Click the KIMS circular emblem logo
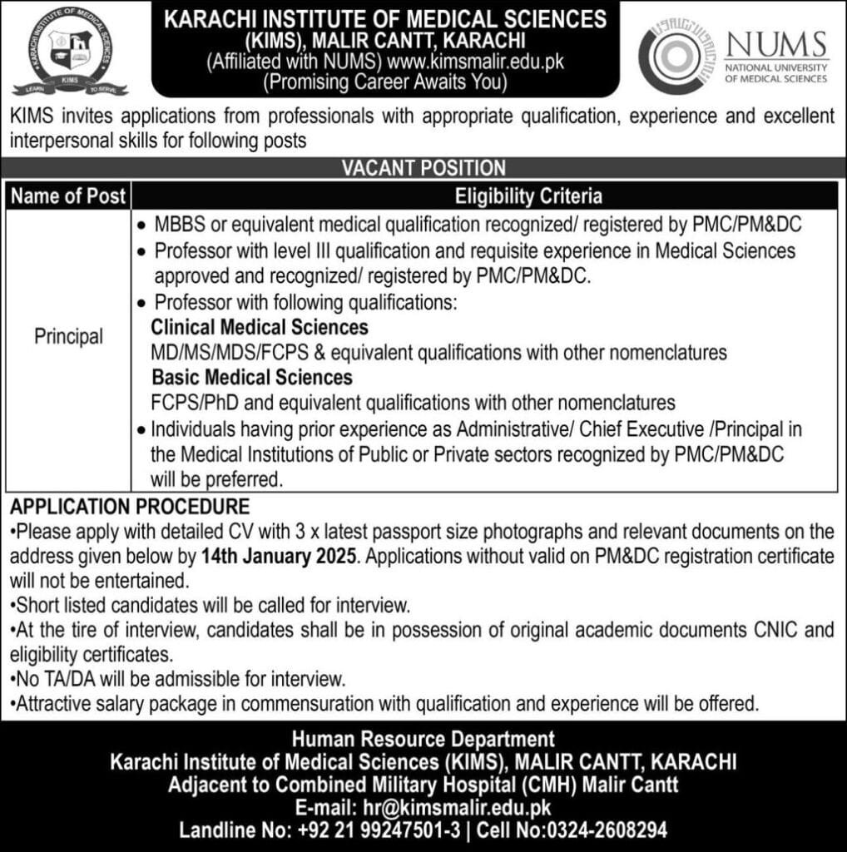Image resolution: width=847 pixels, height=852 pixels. (70, 49)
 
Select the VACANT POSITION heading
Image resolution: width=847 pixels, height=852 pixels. (423, 167)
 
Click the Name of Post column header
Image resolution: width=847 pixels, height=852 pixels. (68, 196)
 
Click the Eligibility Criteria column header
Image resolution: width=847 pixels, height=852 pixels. (528, 196)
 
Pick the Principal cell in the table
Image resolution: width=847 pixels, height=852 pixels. (68, 337)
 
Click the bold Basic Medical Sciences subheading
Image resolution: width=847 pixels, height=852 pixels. (251, 377)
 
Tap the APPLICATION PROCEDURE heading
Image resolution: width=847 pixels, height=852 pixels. (130, 506)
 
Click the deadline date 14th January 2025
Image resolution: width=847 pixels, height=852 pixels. (279, 554)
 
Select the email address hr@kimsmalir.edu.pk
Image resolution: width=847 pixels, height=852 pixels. (457, 806)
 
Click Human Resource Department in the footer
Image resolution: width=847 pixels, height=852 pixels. (423, 738)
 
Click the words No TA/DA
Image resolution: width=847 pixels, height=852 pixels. (51, 679)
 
